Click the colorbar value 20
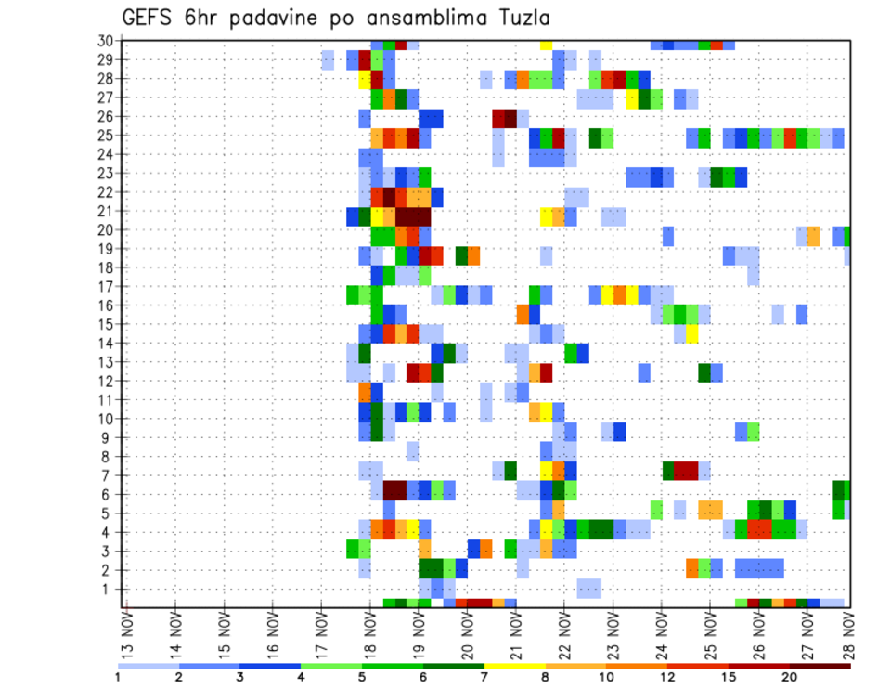pos(790,677)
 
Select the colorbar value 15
pos(729,677)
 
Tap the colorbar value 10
pos(606,677)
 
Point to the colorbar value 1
pos(118,677)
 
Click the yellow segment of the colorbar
pos(514,666)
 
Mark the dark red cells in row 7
pos(686,471)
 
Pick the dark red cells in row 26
pos(505,118)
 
